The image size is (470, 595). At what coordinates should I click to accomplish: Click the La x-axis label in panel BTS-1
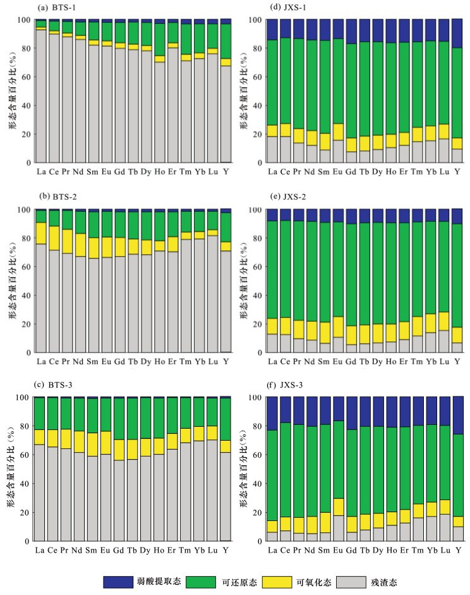[x=41, y=171]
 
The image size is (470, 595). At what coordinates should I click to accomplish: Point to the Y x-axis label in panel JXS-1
[x=457, y=171]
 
